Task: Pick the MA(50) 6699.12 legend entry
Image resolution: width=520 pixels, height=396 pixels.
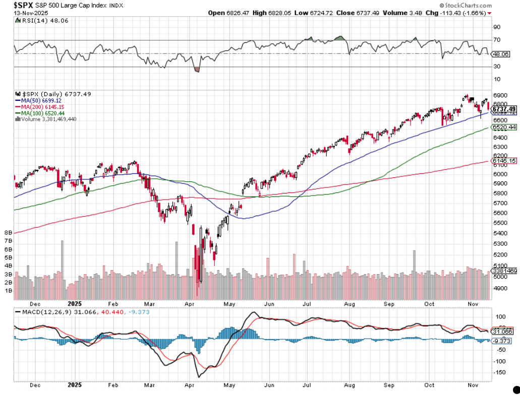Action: click(x=38, y=100)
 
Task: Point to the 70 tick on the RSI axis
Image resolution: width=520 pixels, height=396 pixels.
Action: click(x=497, y=40)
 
